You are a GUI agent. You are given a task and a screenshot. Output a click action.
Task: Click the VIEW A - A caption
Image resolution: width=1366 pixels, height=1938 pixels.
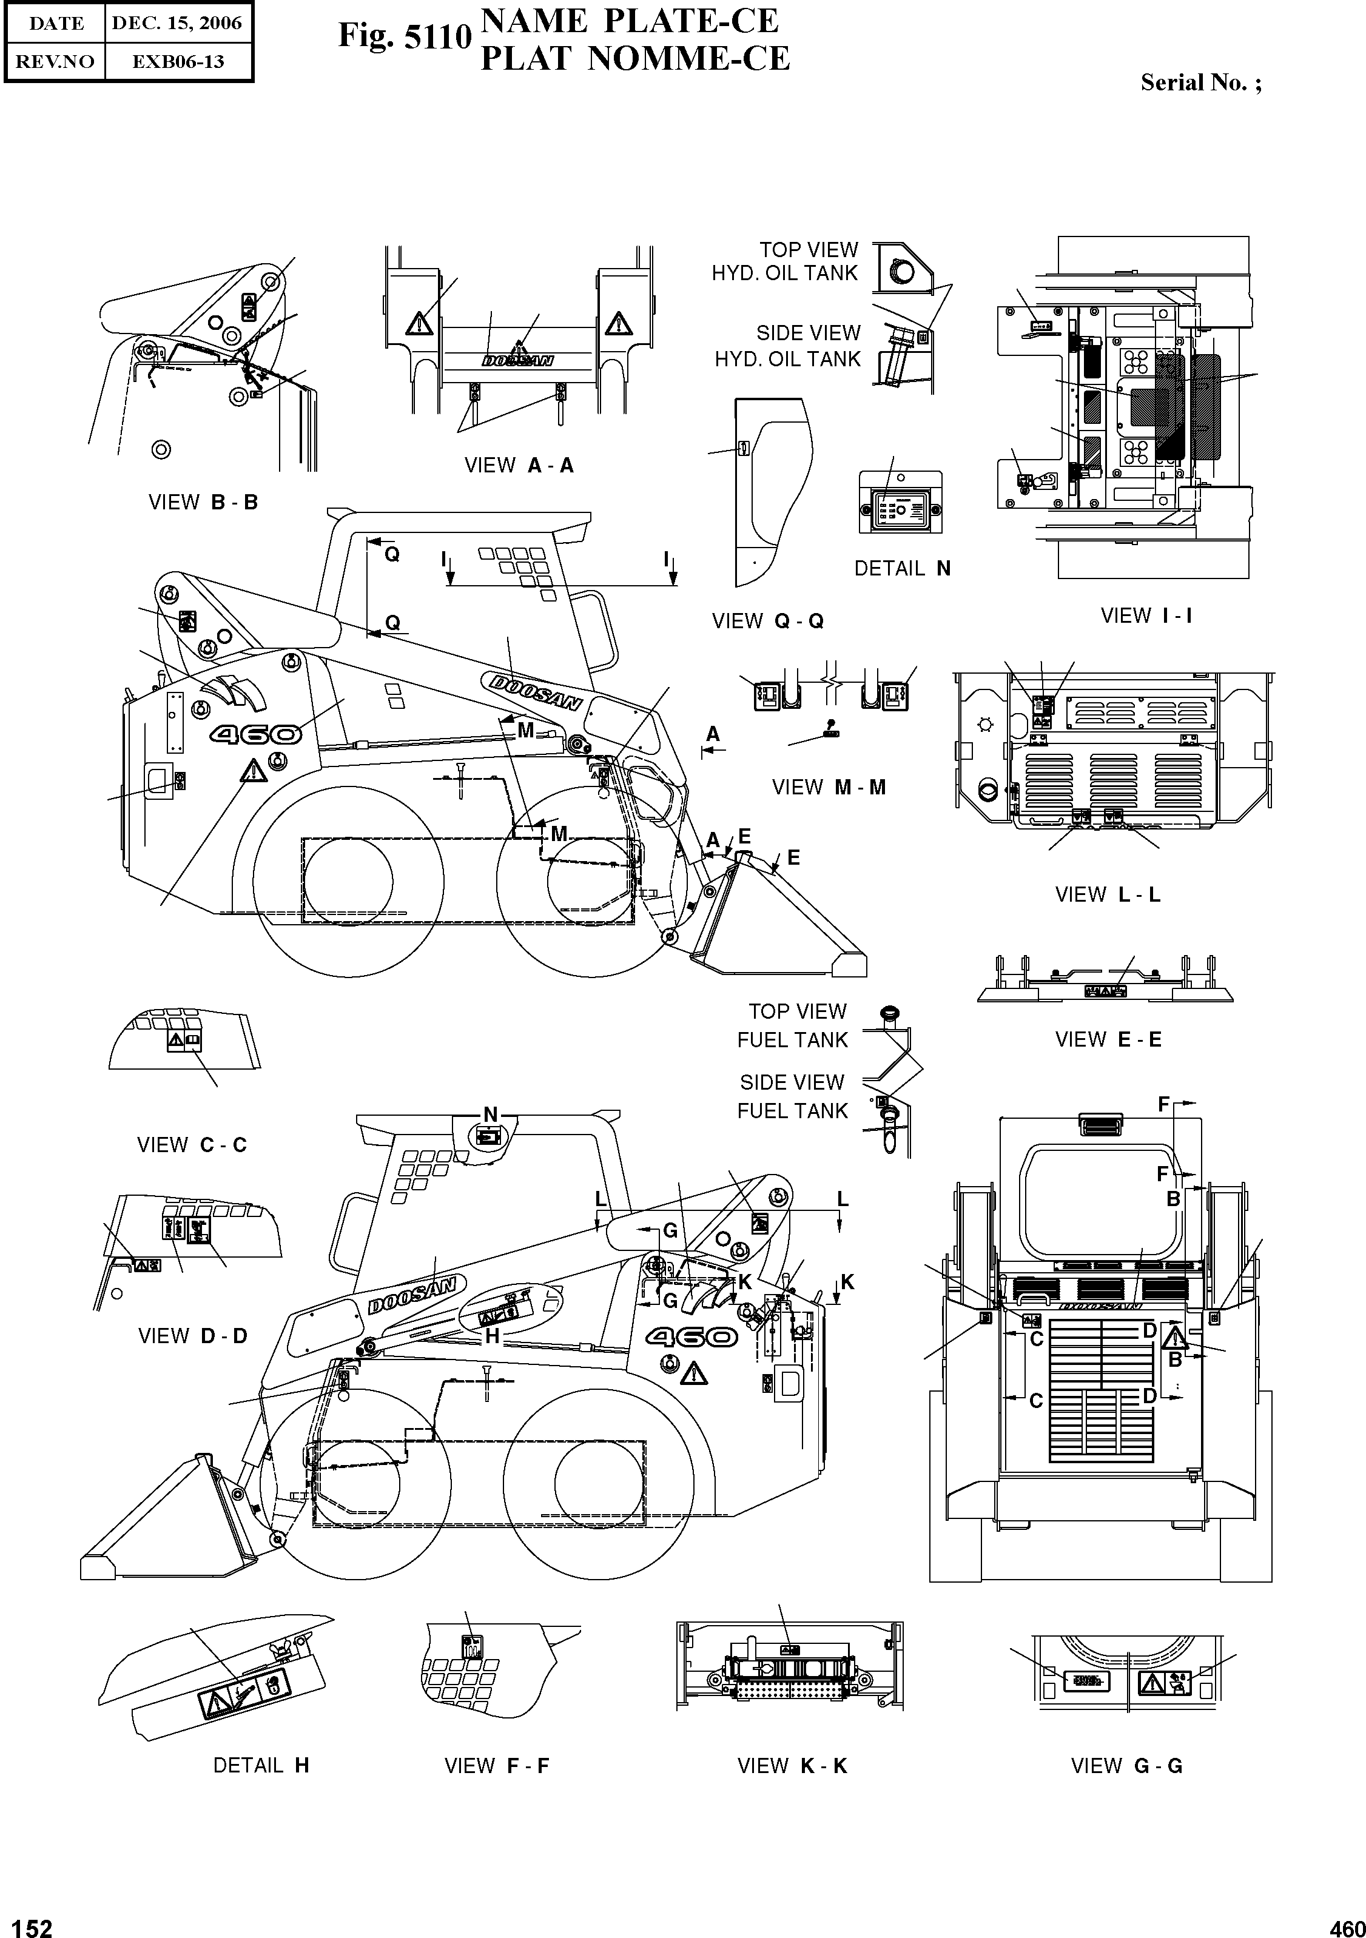519,465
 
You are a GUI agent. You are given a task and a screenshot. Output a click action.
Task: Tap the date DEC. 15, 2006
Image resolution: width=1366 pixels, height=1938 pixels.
177,24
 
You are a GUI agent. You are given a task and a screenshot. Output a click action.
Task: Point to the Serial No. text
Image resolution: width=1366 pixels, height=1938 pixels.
1200,82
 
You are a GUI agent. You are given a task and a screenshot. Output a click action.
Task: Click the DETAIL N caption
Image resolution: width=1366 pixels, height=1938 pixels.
901,569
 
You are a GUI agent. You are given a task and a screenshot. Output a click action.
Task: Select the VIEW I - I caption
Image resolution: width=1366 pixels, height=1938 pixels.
1146,615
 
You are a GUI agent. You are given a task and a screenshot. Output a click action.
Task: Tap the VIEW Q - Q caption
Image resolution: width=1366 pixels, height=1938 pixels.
767,622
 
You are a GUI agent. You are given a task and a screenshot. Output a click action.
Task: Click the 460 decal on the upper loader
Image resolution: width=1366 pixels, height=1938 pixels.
256,735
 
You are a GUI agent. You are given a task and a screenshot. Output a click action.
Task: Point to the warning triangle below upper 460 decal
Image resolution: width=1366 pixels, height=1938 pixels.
251,771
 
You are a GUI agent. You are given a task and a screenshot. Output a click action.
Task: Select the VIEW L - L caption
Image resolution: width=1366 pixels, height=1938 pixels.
1107,895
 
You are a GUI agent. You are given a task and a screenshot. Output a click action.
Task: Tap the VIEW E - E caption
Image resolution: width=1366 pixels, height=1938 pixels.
1108,1040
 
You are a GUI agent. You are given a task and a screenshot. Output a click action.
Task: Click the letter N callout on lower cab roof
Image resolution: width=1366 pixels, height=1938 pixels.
490,1115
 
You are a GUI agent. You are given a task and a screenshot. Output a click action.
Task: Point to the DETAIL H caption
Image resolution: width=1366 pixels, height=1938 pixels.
261,1766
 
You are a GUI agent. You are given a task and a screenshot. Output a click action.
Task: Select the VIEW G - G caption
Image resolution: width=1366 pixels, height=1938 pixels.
1126,1766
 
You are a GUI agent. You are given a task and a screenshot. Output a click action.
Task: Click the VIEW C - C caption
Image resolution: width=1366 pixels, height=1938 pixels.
192,1145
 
